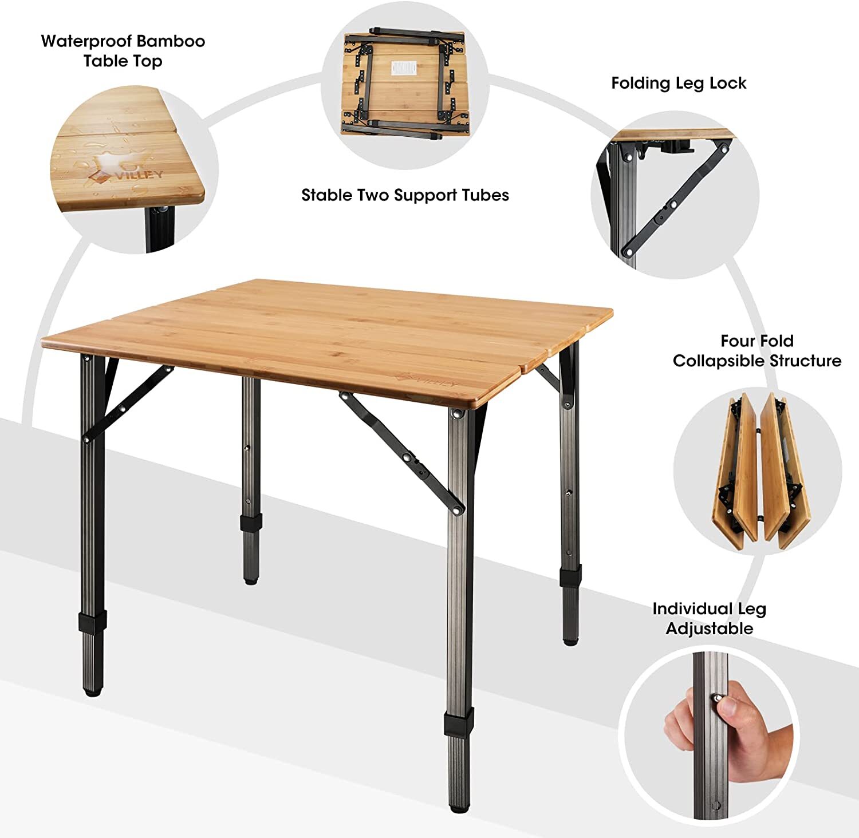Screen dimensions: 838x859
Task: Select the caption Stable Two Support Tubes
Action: click(x=405, y=195)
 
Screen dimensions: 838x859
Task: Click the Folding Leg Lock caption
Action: click(x=679, y=84)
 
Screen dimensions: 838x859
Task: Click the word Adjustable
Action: click(x=709, y=628)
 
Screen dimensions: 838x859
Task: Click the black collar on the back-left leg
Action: click(x=251, y=522)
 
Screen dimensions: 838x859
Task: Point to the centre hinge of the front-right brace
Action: click(x=408, y=458)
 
